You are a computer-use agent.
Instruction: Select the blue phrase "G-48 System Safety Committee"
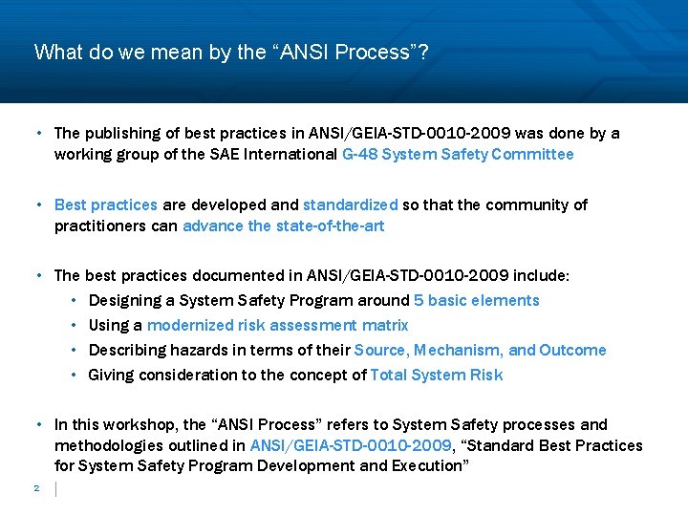coord(458,154)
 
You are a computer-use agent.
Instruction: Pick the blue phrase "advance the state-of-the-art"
coord(283,226)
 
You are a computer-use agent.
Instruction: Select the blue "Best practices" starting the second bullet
coord(105,204)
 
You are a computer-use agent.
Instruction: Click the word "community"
coord(527,204)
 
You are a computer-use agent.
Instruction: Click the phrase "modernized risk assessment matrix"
coord(277,325)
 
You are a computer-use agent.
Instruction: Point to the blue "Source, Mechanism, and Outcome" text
coord(480,350)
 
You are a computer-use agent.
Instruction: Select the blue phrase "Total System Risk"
coord(436,375)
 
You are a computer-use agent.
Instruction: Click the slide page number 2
coord(35,488)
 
